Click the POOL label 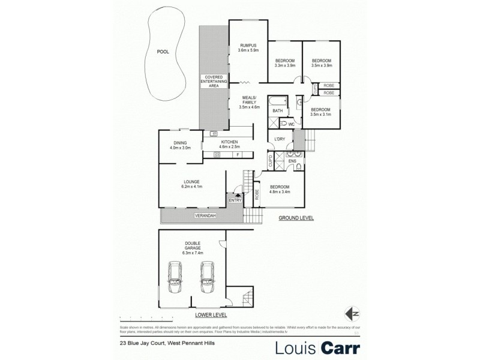[163, 52]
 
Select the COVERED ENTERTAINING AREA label [214, 82]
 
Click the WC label [290, 124]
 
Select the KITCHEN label [229, 143]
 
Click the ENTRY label [235, 200]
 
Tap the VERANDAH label [205, 215]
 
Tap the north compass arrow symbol [352, 313]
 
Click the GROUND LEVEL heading [296, 218]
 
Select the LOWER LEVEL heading [209, 314]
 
